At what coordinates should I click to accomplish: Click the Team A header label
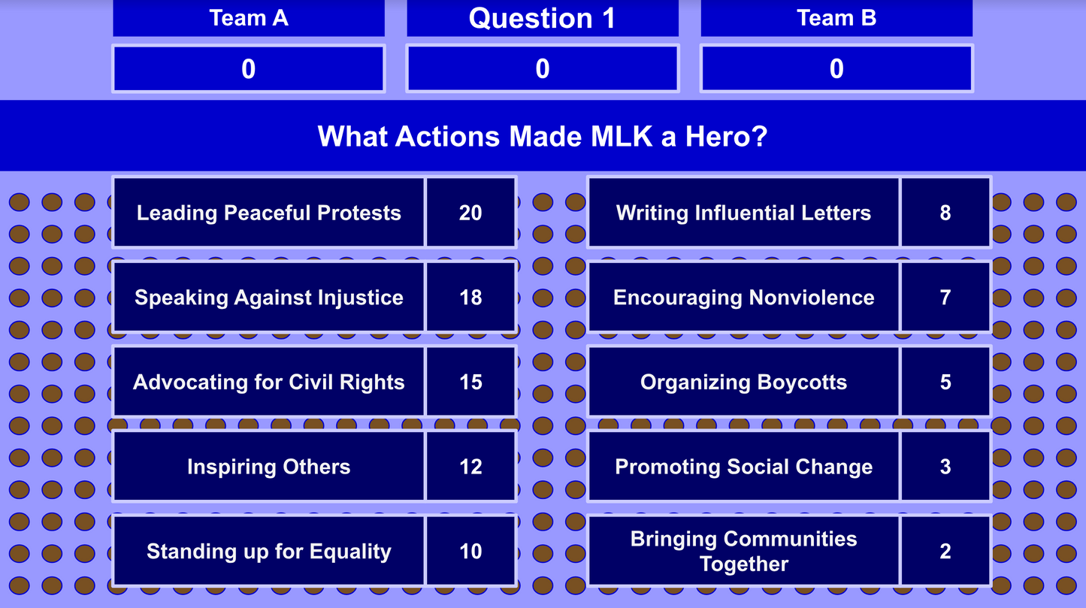click(249, 18)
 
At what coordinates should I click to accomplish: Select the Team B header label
click(836, 18)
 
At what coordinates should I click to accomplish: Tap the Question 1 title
click(542, 18)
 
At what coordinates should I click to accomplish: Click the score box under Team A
click(249, 69)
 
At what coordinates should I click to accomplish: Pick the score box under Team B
click(836, 69)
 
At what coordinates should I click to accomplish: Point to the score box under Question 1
click(542, 69)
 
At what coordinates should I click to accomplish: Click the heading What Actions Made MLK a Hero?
click(542, 136)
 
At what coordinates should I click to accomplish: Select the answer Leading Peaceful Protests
click(268, 213)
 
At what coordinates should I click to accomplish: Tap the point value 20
click(470, 213)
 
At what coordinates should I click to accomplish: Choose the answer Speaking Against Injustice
click(268, 298)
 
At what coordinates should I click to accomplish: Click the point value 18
click(470, 298)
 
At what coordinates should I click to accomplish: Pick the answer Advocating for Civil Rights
click(268, 382)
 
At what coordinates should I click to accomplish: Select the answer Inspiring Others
click(268, 467)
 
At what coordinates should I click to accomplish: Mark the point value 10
click(470, 552)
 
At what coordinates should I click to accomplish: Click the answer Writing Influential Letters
click(743, 213)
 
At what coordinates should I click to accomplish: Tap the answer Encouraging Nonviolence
click(743, 298)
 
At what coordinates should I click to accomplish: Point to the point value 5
click(945, 382)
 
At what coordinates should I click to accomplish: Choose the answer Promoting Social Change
click(743, 467)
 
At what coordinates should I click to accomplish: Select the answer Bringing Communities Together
click(743, 552)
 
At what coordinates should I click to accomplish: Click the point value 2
click(945, 552)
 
